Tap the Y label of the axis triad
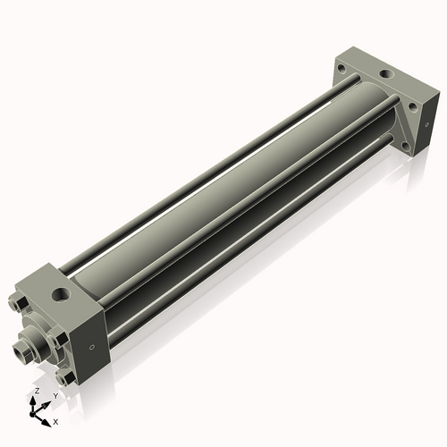pos(55,395)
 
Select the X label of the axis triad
pos(55,420)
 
